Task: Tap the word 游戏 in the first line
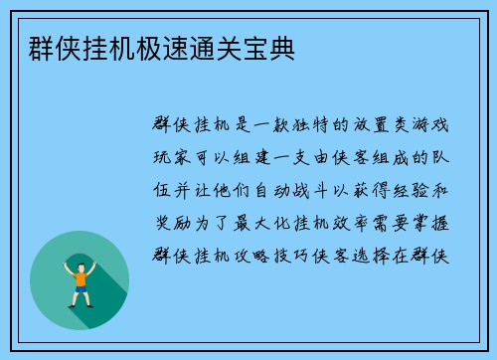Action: (x=430, y=125)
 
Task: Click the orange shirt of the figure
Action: (x=80, y=278)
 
